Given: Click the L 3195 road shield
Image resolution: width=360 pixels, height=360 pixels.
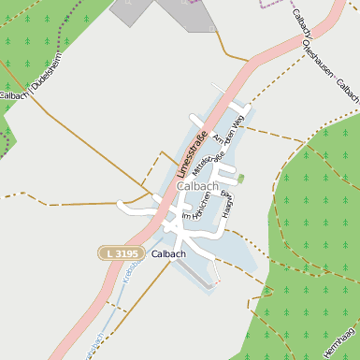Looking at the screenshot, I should coord(120,253).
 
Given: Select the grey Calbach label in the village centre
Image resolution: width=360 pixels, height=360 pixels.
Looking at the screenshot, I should coord(197,187).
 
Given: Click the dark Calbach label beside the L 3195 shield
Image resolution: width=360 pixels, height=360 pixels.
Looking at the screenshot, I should coord(168,253).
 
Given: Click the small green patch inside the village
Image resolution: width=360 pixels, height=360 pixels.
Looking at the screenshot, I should coord(240,178).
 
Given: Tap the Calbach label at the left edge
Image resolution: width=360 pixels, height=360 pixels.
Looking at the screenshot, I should coord(11,95).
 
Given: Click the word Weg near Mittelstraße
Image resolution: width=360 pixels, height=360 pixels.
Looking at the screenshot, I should coord(238,122).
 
